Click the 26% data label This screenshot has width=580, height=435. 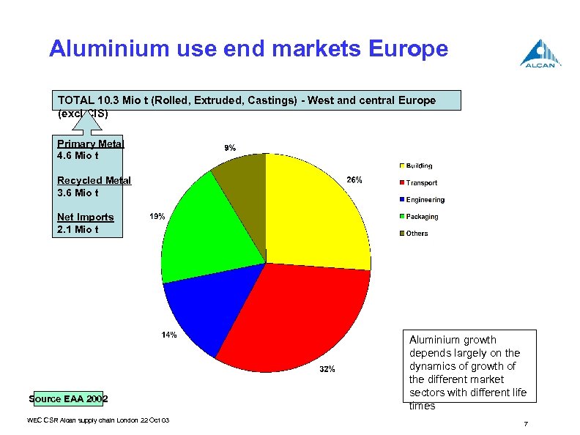354,180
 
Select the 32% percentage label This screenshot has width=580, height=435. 327,369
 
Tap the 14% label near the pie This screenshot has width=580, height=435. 168,335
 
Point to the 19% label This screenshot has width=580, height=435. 157,217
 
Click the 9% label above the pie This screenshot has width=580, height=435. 229,147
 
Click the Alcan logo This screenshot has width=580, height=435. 540,54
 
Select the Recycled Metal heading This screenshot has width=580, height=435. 94,180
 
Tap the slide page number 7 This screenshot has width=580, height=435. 526,425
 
